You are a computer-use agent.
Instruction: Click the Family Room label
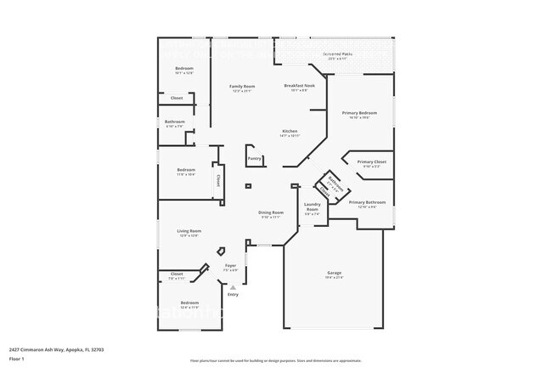click(242, 86)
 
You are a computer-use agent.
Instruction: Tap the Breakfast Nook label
click(300, 86)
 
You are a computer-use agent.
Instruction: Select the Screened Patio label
click(337, 54)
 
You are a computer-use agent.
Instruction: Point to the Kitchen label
click(290, 131)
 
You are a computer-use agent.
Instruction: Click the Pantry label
click(254, 158)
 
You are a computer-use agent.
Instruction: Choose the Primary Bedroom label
click(359, 112)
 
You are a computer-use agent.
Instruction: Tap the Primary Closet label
click(371, 161)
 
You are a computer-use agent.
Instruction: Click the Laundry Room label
click(312, 207)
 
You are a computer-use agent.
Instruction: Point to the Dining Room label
click(271, 212)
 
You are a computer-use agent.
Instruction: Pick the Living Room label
click(189, 231)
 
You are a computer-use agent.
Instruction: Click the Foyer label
click(230, 266)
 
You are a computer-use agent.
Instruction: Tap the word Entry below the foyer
click(233, 294)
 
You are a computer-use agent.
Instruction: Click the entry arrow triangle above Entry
click(232, 287)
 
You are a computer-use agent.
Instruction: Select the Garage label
click(334, 273)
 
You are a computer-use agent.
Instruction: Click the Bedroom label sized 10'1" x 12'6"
click(184, 68)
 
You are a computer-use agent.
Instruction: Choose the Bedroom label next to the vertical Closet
click(186, 170)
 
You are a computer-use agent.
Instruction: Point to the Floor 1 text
click(17, 360)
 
